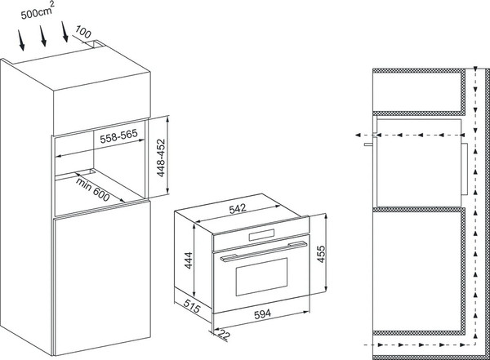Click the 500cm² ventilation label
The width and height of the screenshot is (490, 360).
click(38, 11)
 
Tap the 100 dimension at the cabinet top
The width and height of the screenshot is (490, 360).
click(83, 33)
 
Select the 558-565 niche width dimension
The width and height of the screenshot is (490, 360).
click(118, 136)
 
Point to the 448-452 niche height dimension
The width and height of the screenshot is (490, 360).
click(161, 158)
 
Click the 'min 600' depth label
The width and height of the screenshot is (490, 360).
click(92, 189)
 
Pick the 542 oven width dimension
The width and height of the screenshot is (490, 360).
click(238, 208)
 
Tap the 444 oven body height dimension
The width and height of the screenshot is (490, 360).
click(189, 260)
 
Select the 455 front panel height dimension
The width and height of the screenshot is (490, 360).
click(321, 254)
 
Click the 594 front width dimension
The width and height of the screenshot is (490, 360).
click(262, 313)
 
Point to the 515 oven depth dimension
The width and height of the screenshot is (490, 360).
click(191, 306)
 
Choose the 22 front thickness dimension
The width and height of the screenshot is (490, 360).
click(224, 335)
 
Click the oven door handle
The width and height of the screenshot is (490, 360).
click(264, 251)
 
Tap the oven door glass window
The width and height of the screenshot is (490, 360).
click(261, 277)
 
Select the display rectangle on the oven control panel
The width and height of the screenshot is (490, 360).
click(261, 235)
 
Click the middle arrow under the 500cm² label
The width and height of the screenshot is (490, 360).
click(43, 36)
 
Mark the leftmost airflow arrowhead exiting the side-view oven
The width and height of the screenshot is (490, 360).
click(359, 135)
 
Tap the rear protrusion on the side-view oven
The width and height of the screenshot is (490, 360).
click(465, 169)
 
